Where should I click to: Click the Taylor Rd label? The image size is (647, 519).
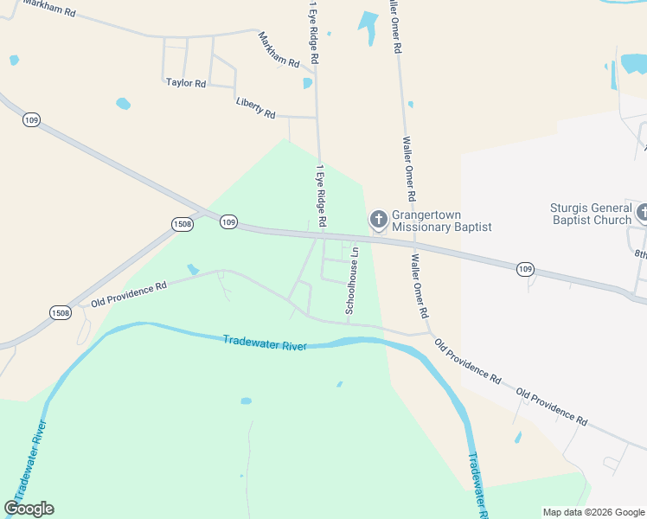[186, 83]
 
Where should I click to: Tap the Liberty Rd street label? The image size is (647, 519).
[255, 107]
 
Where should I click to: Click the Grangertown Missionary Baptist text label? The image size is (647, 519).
[441, 221]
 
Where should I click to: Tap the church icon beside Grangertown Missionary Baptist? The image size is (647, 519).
[378, 218]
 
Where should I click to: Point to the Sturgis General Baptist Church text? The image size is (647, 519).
[591, 214]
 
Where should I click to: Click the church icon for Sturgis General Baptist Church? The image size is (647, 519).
[642, 212]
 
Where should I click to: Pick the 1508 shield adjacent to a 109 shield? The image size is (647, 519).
[182, 224]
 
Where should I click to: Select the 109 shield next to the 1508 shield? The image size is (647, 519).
[227, 222]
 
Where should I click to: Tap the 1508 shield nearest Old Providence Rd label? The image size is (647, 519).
[60, 312]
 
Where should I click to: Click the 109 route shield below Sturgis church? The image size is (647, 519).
[525, 269]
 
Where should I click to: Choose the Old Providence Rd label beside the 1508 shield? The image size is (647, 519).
[129, 293]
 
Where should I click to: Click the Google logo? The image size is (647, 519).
[29, 509]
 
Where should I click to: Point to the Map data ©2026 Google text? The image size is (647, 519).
[592, 512]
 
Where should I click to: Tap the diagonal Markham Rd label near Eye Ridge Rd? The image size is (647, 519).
[279, 50]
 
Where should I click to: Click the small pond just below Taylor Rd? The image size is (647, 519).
[123, 104]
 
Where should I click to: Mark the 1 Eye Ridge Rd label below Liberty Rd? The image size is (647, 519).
[321, 196]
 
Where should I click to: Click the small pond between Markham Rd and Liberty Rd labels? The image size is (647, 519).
[307, 83]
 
